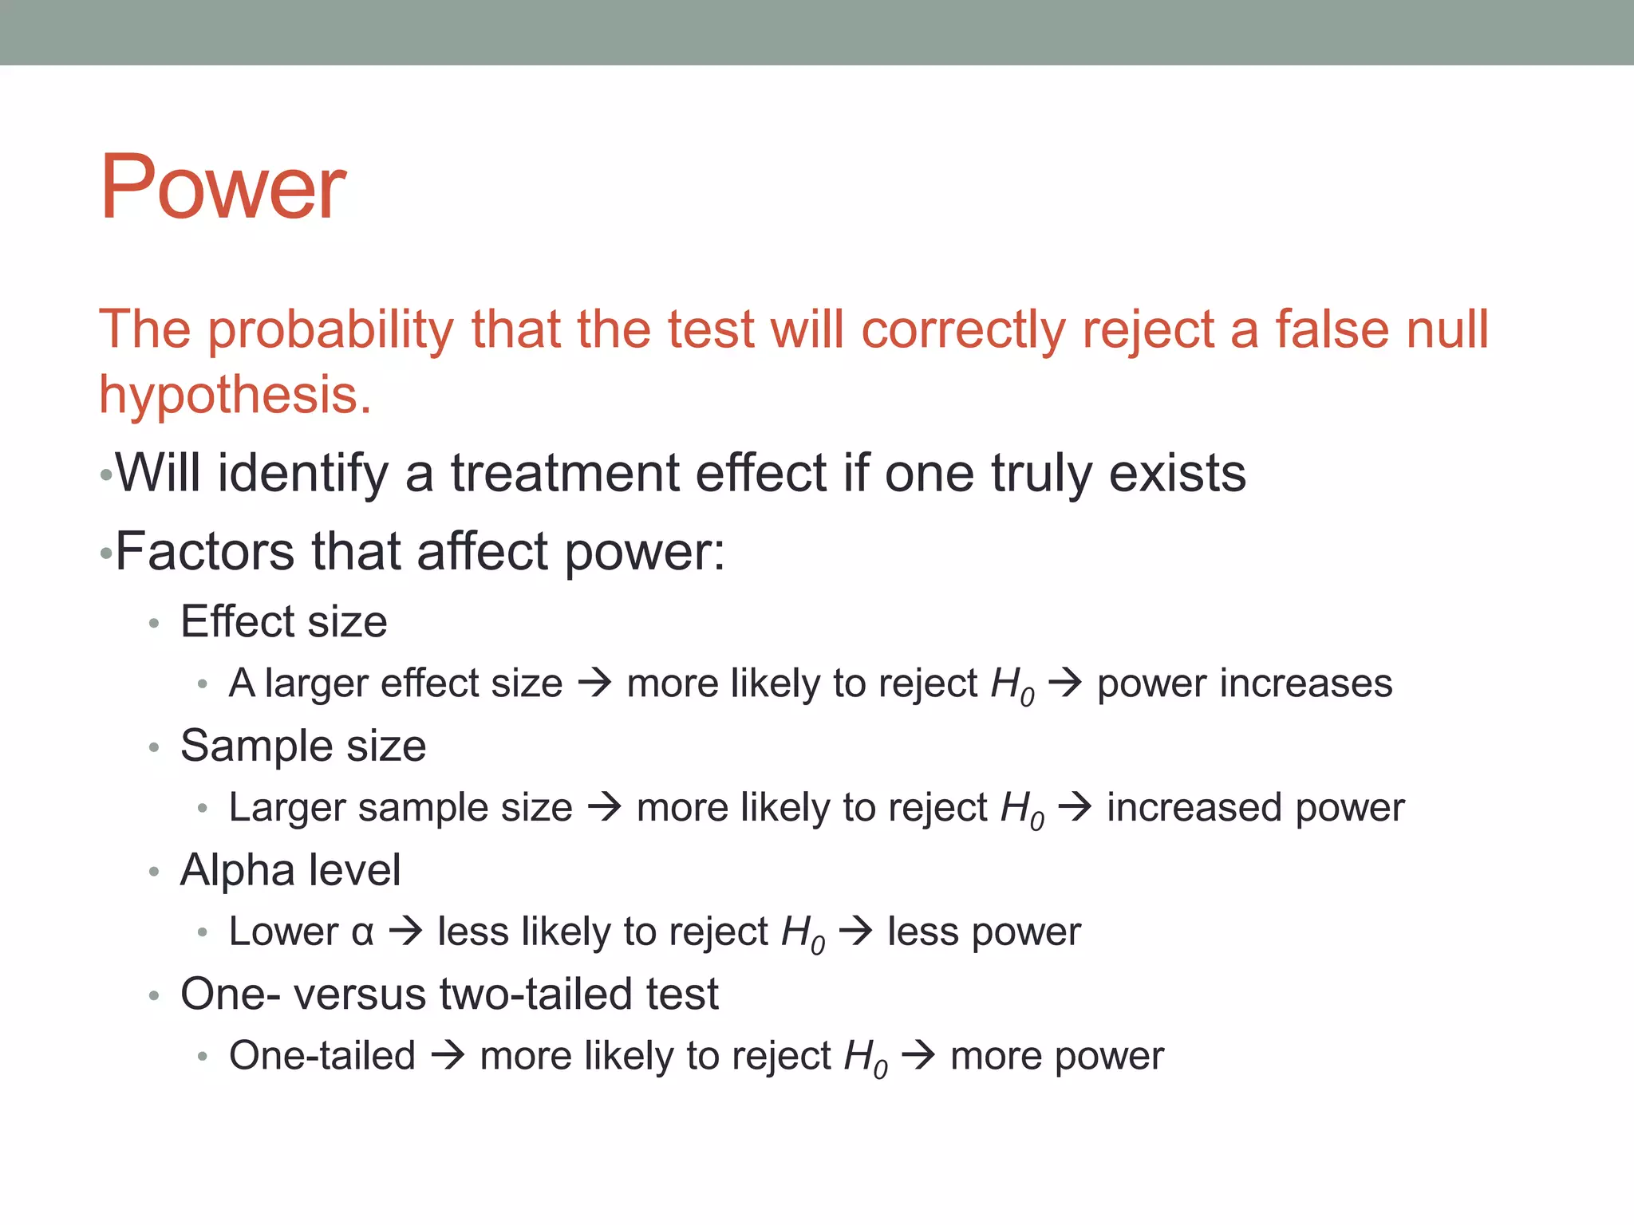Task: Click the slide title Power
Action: click(x=222, y=188)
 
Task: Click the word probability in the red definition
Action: click(x=330, y=330)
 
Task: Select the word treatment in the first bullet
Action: click(x=564, y=473)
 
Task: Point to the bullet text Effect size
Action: click(x=283, y=621)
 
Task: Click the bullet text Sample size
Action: click(x=303, y=746)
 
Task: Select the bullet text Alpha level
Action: click(x=290, y=870)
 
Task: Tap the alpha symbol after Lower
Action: click(x=362, y=932)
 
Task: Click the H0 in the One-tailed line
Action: click(x=865, y=1058)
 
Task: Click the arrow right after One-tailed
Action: click(x=448, y=1056)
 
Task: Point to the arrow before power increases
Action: click(x=1065, y=683)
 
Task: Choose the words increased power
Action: click(x=1255, y=807)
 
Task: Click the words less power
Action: click(x=984, y=932)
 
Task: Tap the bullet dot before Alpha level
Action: click(x=154, y=872)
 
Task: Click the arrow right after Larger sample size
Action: click(x=604, y=807)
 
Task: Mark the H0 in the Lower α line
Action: click(x=803, y=933)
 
